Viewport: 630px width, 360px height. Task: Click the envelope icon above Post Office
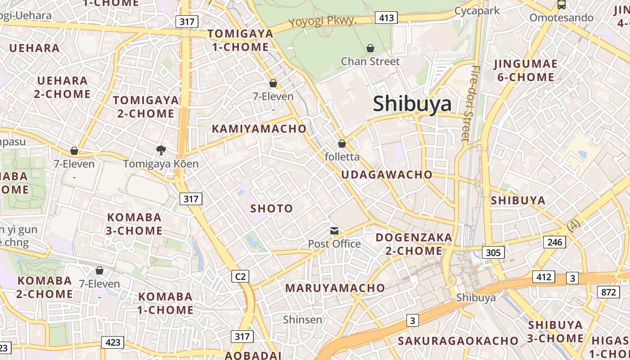click(x=334, y=231)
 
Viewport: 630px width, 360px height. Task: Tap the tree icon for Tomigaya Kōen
click(x=161, y=150)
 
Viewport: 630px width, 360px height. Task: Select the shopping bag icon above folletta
click(x=342, y=144)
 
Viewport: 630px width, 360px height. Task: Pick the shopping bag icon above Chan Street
click(x=370, y=48)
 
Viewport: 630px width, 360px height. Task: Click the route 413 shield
click(x=386, y=18)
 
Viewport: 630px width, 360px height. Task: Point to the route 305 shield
click(x=493, y=252)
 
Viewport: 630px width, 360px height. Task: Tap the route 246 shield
click(x=555, y=242)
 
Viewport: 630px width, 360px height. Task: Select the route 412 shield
click(x=544, y=277)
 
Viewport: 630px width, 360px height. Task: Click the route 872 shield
click(x=608, y=292)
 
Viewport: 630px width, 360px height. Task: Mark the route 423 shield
click(x=112, y=342)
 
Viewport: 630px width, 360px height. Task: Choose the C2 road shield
click(x=240, y=276)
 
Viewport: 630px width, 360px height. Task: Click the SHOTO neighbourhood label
click(x=271, y=208)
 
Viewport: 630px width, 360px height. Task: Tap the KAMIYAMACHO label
click(x=259, y=129)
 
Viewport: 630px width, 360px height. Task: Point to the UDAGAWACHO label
click(x=387, y=175)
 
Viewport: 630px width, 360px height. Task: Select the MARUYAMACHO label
click(x=335, y=288)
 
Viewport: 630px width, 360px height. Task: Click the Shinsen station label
click(x=302, y=319)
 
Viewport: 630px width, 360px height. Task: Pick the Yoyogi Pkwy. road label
click(x=323, y=21)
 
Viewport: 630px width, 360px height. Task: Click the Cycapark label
click(x=477, y=11)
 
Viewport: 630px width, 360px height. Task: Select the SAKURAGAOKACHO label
click(x=458, y=341)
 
